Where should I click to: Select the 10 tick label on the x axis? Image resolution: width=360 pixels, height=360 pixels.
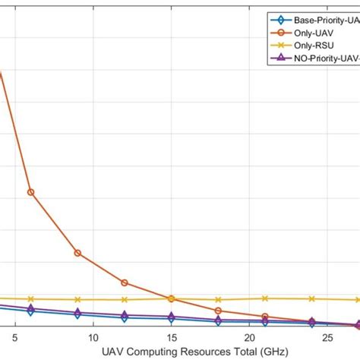[92, 338]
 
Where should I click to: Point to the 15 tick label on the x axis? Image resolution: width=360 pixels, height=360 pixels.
[171, 338]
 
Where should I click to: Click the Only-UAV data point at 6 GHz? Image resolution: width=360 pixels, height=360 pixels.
[30, 192]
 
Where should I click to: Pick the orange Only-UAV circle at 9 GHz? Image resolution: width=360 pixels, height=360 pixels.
[77, 253]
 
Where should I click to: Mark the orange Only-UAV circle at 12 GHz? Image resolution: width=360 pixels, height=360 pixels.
[125, 283]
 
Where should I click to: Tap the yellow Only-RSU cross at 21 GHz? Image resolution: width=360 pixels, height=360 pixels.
[265, 298]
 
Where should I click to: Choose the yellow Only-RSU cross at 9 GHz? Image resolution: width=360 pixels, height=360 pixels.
[77, 300]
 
